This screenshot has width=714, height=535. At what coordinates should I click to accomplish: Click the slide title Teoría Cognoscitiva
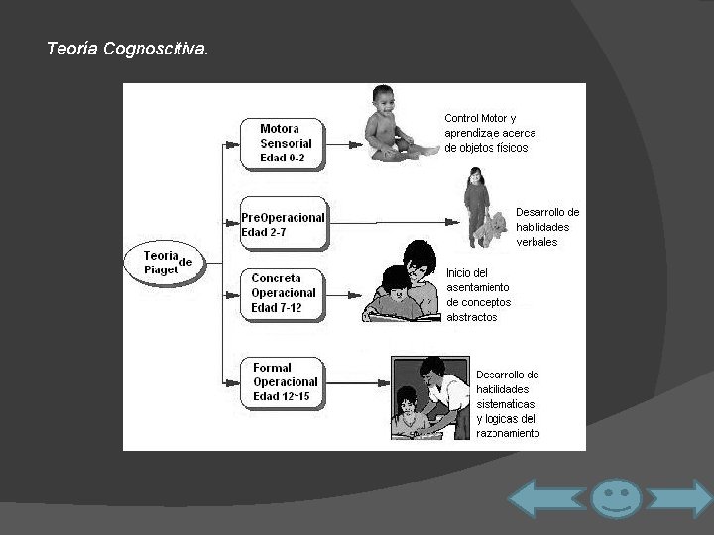point(127,48)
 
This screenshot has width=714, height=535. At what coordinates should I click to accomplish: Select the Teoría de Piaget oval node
point(161,262)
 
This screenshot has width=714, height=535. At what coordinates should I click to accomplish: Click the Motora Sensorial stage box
point(282,142)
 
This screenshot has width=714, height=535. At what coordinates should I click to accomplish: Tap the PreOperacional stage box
point(283,224)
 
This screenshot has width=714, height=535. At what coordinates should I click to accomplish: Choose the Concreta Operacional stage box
point(283,292)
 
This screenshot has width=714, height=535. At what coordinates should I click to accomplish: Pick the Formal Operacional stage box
point(283,381)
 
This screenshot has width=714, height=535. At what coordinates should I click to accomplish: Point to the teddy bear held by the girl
point(493,229)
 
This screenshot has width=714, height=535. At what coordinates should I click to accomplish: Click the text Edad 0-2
point(282,158)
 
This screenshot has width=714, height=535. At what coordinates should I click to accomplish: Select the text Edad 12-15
point(282,396)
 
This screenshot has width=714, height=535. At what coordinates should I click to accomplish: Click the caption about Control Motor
point(490,133)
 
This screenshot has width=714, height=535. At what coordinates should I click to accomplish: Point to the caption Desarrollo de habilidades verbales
point(547,227)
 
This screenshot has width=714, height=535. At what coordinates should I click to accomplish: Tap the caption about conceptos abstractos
point(478,295)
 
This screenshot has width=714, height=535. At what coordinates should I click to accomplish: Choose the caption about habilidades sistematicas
point(508,404)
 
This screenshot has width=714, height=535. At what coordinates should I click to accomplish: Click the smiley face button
point(616,497)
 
